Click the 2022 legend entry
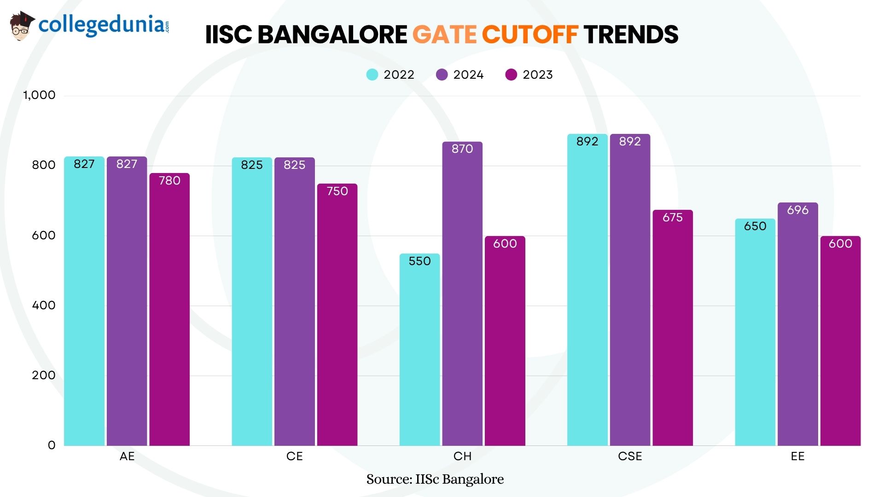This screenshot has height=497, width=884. (390, 75)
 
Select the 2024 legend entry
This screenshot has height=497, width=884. (460, 75)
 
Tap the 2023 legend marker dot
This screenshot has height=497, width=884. (511, 75)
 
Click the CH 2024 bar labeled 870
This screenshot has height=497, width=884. (462, 295)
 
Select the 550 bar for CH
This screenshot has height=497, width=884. (419, 350)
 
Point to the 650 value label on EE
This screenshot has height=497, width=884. (755, 226)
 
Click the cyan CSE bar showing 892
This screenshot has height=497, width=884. (587, 290)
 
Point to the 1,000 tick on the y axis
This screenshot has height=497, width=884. (39, 95)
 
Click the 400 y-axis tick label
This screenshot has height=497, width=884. (44, 305)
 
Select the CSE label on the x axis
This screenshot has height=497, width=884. (630, 456)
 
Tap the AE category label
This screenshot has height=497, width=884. (127, 456)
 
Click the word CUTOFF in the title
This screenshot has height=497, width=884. (529, 35)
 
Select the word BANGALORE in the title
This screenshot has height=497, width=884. (332, 35)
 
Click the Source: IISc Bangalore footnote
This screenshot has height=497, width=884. (435, 479)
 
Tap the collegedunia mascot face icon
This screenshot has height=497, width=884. (21, 27)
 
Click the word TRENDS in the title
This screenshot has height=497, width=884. (631, 35)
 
